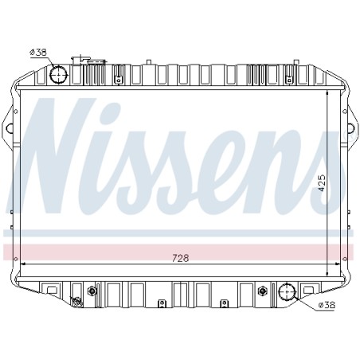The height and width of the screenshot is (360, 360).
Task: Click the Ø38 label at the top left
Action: [x=38, y=53]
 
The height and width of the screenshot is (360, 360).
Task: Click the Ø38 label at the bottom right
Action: [x=327, y=305]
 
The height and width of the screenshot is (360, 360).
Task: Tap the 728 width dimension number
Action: [x=181, y=258]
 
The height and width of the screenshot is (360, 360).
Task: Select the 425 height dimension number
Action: [x=321, y=183]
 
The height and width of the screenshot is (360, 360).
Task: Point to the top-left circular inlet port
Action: [x=58, y=75]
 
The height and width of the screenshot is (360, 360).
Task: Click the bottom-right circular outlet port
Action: [x=287, y=292]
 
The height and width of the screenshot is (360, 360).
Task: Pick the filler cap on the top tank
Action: [x=80, y=61]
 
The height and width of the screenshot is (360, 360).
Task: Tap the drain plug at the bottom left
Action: [x=77, y=302]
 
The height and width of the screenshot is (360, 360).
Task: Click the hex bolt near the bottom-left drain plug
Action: [x=92, y=292]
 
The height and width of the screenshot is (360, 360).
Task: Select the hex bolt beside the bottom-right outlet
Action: [x=262, y=291]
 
